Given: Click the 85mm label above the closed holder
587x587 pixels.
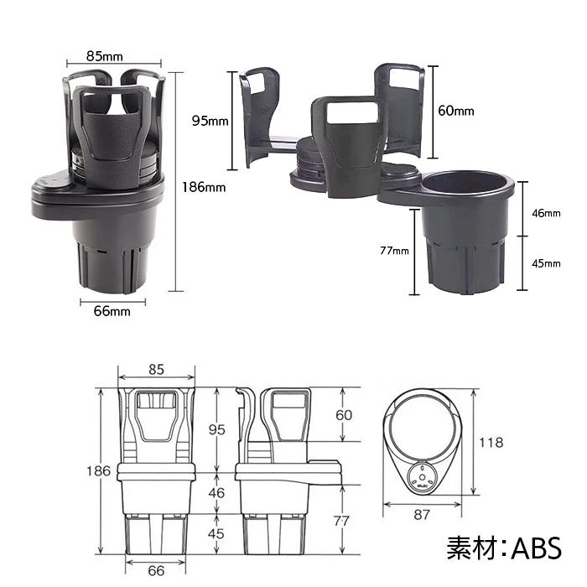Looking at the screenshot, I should tap(106, 56).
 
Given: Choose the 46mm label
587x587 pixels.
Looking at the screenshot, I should tap(546, 213).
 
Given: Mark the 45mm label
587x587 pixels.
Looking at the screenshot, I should tap(546, 263).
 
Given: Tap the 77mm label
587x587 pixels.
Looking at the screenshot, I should tap(393, 251).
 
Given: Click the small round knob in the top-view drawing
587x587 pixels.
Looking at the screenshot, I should tap(422, 477).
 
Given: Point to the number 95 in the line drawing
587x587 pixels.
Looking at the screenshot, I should tap(216, 429).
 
